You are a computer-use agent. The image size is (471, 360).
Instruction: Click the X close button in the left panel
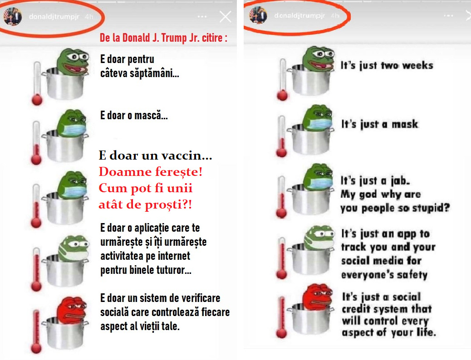click(225, 17)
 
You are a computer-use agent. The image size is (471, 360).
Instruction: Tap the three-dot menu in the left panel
click(202, 16)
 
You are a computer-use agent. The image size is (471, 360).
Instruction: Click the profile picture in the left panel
click(13, 16)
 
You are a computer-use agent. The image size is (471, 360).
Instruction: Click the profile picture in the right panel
click(258, 15)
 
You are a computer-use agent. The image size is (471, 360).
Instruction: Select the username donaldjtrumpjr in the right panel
click(299, 15)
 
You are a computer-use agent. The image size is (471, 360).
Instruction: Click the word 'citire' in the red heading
click(212, 38)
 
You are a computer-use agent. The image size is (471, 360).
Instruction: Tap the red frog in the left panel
click(72, 311)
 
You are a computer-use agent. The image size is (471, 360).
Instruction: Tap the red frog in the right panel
click(318, 297)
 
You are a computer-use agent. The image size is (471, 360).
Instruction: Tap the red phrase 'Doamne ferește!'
click(151, 172)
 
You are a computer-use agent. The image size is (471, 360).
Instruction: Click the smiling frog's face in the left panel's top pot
click(74, 62)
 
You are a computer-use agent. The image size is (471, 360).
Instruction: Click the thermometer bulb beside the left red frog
click(36, 348)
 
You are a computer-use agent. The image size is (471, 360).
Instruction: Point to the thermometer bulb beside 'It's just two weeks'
click(282, 96)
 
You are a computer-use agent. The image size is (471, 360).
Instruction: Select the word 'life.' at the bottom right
click(426, 332)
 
